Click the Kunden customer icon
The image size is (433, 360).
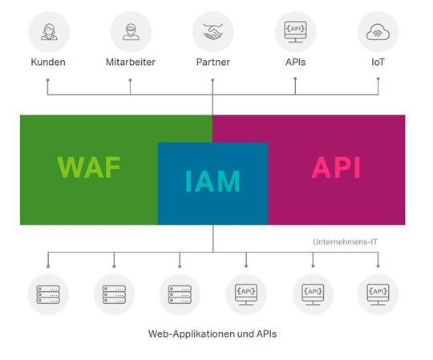pos(48,32)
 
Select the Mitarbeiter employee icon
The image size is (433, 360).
pos(131,32)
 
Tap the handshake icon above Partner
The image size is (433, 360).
pos(212,32)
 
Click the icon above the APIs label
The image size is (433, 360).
pos(295,32)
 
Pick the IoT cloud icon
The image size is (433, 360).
pos(378,32)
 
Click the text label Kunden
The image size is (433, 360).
pos(48,62)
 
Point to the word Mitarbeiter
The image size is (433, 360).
pos(131,62)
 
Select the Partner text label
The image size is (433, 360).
pos(212,62)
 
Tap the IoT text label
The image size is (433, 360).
pos(378,62)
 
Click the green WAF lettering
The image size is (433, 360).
pos(88,168)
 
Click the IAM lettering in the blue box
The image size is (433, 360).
pos(212,181)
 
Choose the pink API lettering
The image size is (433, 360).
pos(336,168)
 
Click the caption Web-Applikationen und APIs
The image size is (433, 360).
pos(212,333)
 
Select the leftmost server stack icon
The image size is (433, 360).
pos(48,294)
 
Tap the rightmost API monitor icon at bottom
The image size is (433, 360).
pos(378,294)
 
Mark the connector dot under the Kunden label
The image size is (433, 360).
pos(48,79)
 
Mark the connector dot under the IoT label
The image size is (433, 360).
pos(378,79)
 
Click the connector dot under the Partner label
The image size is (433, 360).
pos(212,79)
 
